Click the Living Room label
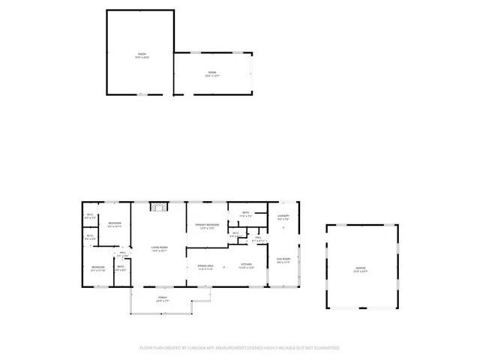159,247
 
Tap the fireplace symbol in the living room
158,208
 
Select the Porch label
162,297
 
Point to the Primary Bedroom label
207,224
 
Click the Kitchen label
246,265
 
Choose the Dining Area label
205,265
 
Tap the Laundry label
283,216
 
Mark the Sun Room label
283,259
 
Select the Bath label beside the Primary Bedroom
246,213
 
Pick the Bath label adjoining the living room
121,265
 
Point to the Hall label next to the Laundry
257,238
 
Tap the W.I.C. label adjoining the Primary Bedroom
235,232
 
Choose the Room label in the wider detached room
212,72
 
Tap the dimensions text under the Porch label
162,301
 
